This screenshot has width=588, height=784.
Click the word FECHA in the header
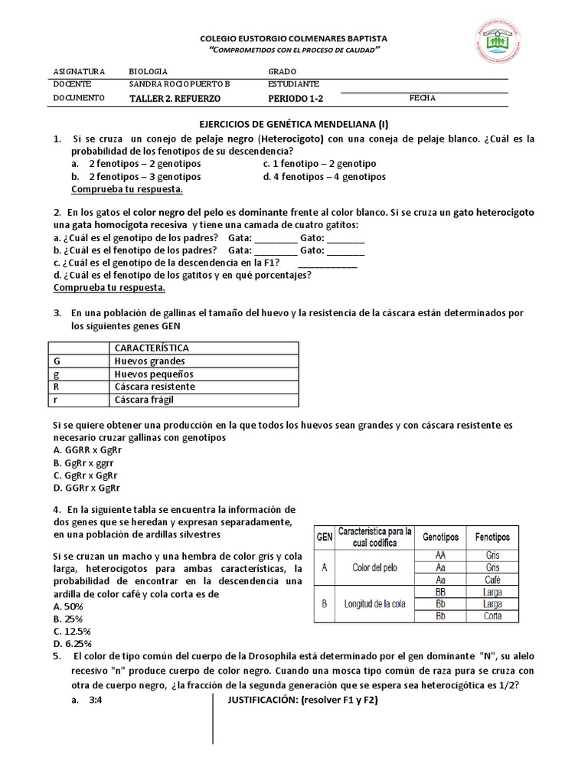pyautogui.click(x=422, y=98)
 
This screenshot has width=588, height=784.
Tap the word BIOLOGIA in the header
pyautogui.click(x=148, y=70)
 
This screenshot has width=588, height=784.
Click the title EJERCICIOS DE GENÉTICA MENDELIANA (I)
pyautogui.click(x=294, y=124)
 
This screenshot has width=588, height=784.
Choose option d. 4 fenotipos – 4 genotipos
pyautogui.click(x=324, y=177)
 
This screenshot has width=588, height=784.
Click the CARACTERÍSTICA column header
pyautogui.click(x=151, y=348)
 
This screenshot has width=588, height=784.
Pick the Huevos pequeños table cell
pyautogui.click(x=154, y=374)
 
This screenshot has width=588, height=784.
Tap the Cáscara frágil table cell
pyautogui.click(x=148, y=400)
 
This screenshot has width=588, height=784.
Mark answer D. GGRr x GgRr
pyautogui.click(x=87, y=488)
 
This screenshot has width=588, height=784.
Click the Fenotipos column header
pyautogui.click(x=492, y=537)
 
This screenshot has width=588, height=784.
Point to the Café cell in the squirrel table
pyautogui.click(x=492, y=580)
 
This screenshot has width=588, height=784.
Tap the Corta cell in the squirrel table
pyautogui.click(x=492, y=616)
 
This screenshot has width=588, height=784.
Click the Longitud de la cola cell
pyautogui.click(x=374, y=604)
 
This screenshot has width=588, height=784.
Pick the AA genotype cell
pyautogui.click(x=440, y=555)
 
